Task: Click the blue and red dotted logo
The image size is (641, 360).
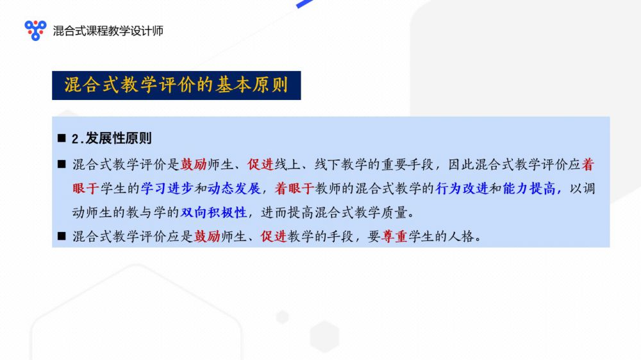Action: click(35, 30)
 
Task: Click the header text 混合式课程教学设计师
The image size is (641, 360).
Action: click(108, 31)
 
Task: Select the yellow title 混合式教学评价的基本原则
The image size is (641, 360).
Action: click(176, 85)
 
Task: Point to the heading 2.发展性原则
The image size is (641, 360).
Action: click(112, 138)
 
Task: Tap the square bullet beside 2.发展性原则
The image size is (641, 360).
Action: click(62, 138)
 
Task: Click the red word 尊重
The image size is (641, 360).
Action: click(394, 236)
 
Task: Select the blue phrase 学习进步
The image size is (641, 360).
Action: click(167, 188)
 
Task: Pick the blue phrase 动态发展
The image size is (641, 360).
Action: click(234, 188)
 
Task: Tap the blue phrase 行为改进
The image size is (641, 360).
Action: click(462, 188)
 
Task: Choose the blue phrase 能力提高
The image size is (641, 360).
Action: click(529, 188)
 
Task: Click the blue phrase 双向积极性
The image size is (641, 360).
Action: click(214, 213)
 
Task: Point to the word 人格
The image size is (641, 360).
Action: click(461, 236)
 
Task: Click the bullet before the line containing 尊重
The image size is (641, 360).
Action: click(62, 236)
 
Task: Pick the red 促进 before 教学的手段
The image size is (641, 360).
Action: click(274, 236)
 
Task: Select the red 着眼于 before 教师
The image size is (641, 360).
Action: click(294, 188)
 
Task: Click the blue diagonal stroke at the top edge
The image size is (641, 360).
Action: click(304, 4)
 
